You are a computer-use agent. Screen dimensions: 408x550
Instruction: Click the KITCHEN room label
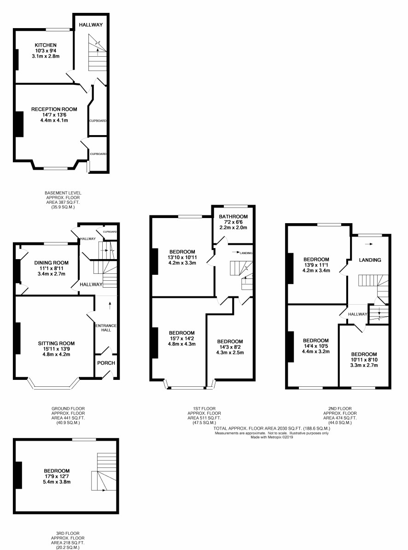(x=46, y=45)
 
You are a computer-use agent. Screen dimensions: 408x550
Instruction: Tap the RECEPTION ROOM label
(x=54, y=109)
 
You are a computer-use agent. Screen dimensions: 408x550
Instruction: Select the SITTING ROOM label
(x=57, y=343)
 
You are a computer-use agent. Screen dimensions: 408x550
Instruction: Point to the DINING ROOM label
(x=52, y=263)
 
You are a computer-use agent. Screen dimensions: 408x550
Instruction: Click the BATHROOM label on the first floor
(x=233, y=216)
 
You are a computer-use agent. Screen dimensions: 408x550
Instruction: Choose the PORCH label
(x=106, y=363)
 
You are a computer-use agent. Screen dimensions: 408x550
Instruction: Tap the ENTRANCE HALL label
(x=106, y=328)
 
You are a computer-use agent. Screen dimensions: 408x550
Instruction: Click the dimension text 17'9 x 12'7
(x=57, y=476)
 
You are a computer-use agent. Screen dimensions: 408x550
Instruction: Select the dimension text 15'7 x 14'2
(x=181, y=338)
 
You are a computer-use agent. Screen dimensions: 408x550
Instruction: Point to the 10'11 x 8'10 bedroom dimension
(x=364, y=360)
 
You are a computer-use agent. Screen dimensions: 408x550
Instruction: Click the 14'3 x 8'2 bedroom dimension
(x=230, y=347)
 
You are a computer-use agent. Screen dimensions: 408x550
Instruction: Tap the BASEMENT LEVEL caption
(x=63, y=193)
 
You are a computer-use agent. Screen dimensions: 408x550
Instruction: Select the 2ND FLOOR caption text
(x=340, y=408)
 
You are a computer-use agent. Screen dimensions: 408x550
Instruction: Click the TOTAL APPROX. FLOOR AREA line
(x=272, y=428)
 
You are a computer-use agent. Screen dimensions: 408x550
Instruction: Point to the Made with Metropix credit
(x=272, y=437)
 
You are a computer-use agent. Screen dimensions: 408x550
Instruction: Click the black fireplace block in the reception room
(x=18, y=124)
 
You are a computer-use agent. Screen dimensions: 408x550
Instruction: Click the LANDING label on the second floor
(x=370, y=260)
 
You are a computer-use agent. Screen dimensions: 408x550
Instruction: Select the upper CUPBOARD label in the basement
(x=98, y=121)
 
